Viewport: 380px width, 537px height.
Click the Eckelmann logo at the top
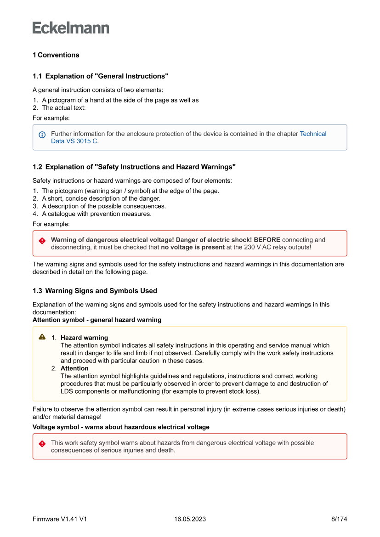[x=71, y=28]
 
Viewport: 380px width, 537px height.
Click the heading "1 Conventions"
[x=56, y=55]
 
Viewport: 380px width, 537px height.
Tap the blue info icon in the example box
[x=42, y=135]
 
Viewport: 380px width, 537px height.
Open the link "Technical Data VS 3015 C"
[x=312, y=134]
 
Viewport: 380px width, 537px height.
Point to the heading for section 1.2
[x=134, y=167]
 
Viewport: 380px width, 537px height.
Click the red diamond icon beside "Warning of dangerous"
[x=42, y=241]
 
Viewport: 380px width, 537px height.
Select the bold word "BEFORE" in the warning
[x=267, y=240]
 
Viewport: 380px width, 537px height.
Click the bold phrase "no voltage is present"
[x=193, y=247]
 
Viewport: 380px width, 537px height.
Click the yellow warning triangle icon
[x=42, y=337]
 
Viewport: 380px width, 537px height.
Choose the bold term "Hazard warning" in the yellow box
[x=84, y=338]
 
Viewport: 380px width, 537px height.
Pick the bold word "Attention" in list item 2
[x=74, y=368]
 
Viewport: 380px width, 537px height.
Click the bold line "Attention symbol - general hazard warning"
[x=97, y=320]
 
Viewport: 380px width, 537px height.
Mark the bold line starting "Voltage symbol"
[x=121, y=427]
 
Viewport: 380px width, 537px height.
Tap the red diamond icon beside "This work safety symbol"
[x=42, y=444]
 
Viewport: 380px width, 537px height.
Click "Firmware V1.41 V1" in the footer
[x=60, y=519]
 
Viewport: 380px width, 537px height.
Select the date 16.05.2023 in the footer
[x=190, y=519]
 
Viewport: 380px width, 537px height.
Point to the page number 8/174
[x=339, y=519]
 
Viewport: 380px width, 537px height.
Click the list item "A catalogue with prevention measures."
[x=96, y=214]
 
